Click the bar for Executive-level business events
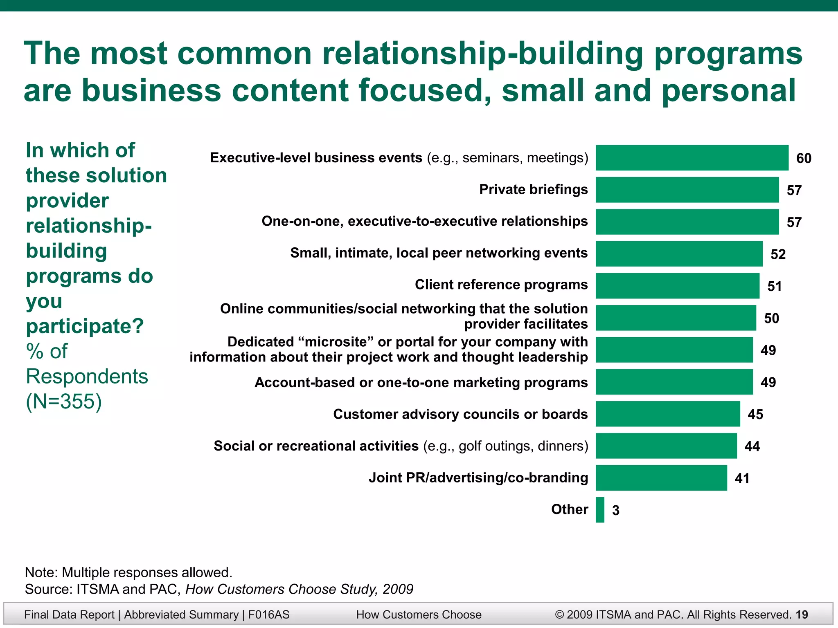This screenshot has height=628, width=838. [692, 158]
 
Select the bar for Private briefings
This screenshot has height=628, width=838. [687, 190]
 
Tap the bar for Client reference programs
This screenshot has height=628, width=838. [677, 286]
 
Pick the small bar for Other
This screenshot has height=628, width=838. [600, 510]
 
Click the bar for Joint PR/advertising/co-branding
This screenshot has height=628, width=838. [661, 478]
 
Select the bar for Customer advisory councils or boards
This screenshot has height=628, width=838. [668, 414]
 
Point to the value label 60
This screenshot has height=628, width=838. [804, 158]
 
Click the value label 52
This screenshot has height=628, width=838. [778, 254]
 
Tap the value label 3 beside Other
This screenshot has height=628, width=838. [615, 510]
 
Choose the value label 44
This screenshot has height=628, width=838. [752, 446]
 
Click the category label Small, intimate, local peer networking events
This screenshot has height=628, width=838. [439, 253]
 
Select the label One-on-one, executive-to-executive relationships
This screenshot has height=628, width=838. [424, 221]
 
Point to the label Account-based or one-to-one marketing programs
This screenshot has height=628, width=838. [421, 382]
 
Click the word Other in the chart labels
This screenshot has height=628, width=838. [569, 509]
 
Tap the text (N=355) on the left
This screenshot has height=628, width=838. [64, 401]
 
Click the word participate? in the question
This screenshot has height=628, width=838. [85, 326]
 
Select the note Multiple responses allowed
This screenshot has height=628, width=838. [128, 572]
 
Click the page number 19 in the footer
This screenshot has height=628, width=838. [802, 615]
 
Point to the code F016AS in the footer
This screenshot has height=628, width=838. [269, 615]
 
